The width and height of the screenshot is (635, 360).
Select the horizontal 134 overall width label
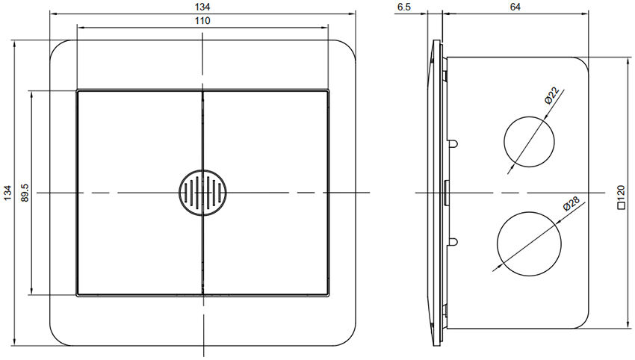click(x=202, y=6)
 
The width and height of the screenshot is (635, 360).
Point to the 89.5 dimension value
click(x=25, y=193)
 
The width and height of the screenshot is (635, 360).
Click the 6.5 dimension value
click(x=404, y=6)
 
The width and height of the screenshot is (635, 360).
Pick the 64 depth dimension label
click(x=515, y=6)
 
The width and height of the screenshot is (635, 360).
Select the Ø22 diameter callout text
click(x=551, y=94)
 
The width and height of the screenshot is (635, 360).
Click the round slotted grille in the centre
click(x=202, y=193)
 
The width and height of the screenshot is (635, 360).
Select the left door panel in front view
click(x=140, y=193)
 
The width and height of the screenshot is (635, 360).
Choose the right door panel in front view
click(x=265, y=193)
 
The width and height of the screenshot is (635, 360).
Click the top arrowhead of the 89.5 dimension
click(x=31, y=95)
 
